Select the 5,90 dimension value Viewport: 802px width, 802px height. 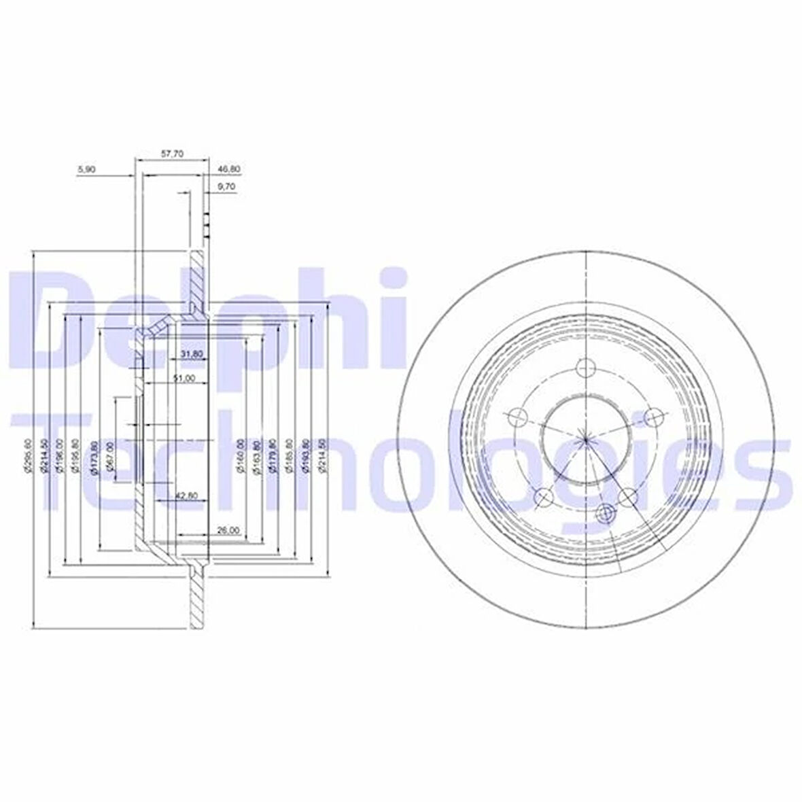pos(86,169)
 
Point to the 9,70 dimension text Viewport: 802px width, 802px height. pos(226,186)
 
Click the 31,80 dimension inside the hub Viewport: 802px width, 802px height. pos(192,354)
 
